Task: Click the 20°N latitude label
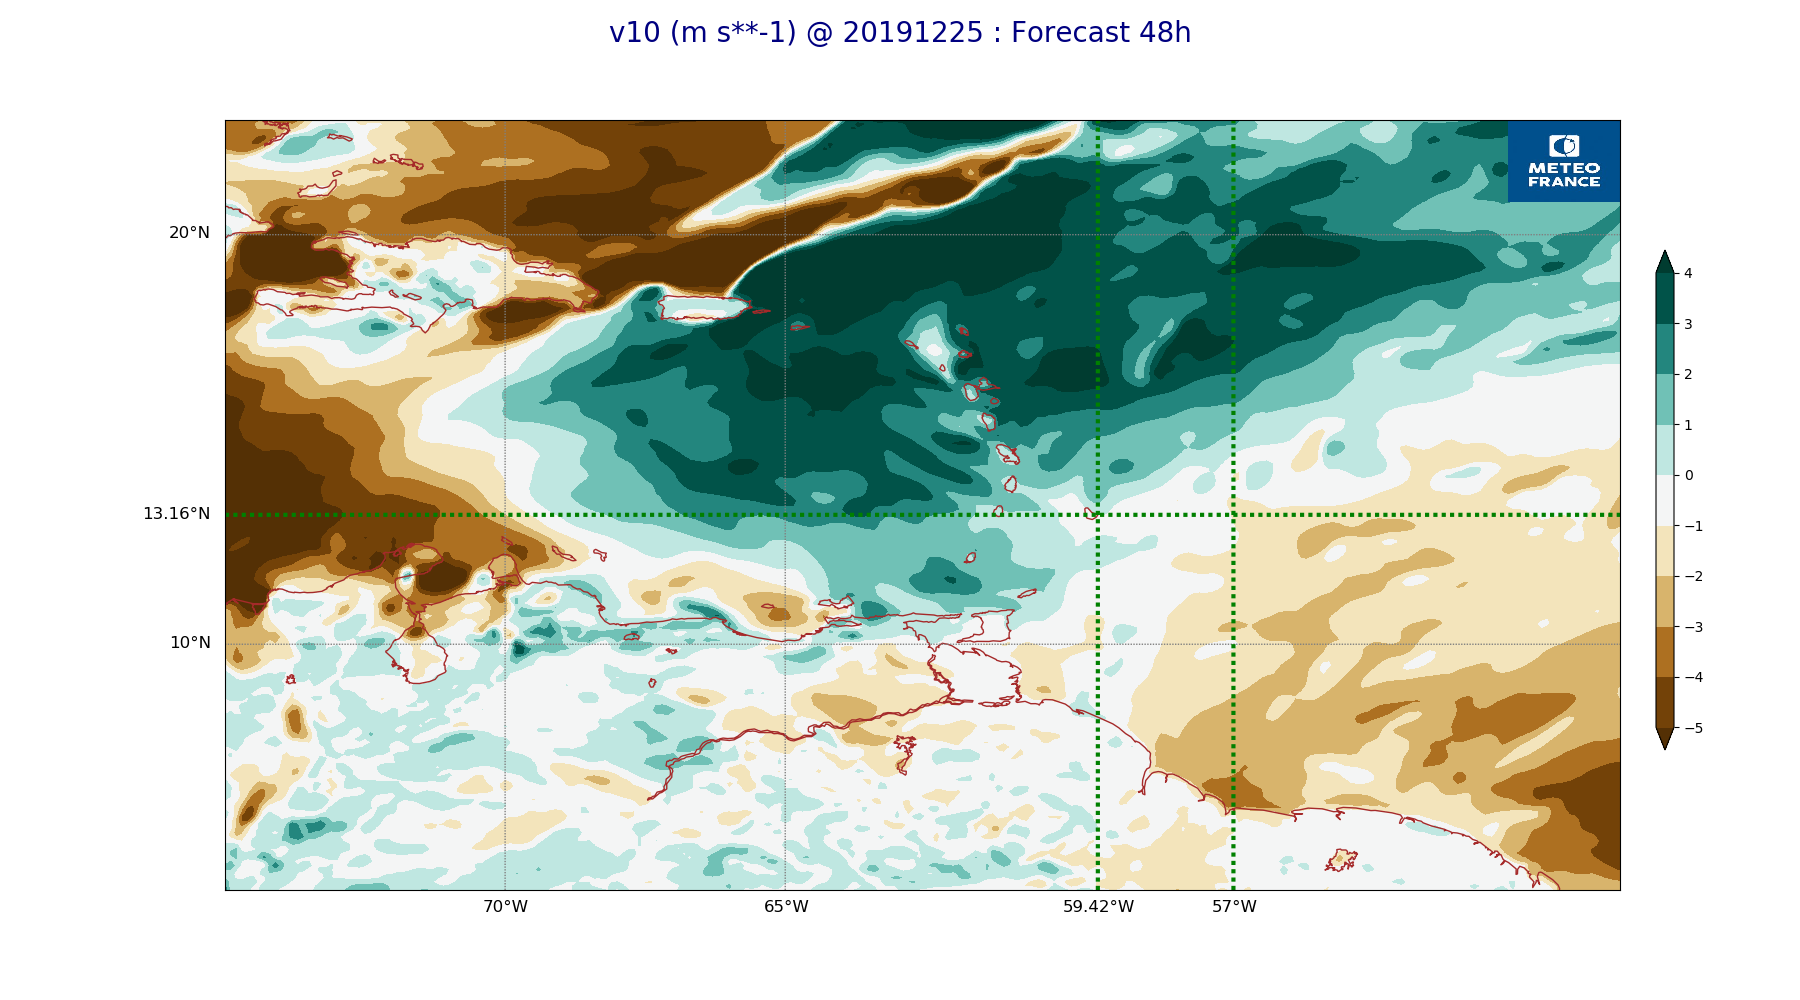(x=189, y=233)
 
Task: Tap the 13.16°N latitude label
(x=176, y=514)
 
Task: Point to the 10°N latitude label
(x=190, y=643)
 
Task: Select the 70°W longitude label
(x=505, y=907)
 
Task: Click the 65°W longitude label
(x=786, y=907)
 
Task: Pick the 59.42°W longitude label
(x=1098, y=907)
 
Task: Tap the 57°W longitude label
(x=1234, y=907)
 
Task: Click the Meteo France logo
(x=1564, y=161)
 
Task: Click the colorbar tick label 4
(x=1688, y=273)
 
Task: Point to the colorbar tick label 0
(x=1689, y=475)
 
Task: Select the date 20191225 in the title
(x=913, y=33)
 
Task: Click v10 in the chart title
(x=635, y=33)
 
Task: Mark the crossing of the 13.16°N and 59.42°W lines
(x=1098, y=515)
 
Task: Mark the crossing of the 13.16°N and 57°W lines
(x=1233, y=515)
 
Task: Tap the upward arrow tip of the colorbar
(x=1665, y=252)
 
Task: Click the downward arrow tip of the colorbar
(x=1665, y=748)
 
